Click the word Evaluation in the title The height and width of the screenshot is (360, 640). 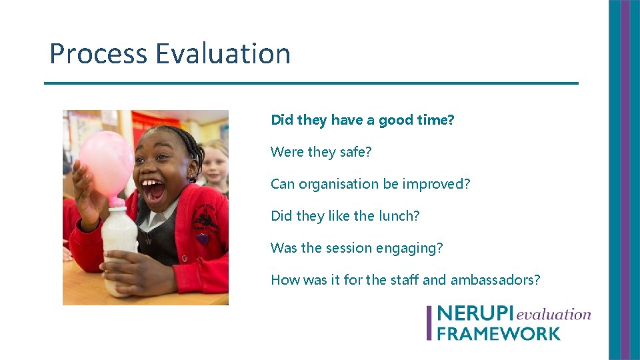223,54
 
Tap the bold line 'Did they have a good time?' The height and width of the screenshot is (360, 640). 362,120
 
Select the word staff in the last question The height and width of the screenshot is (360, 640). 404,280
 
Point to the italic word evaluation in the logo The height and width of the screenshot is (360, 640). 553,315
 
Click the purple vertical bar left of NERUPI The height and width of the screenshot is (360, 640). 429,323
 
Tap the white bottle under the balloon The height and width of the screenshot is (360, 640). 119,247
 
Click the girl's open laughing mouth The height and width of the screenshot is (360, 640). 155,191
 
